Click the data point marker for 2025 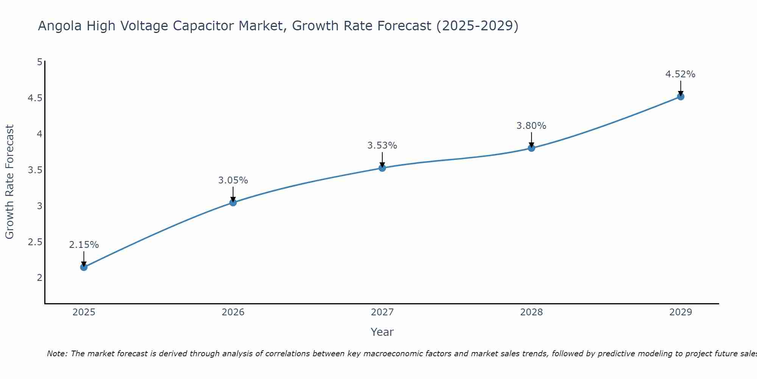(x=84, y=267)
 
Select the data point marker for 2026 (x=233, y=202)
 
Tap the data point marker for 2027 (x=382, y=168)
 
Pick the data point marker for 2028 (x=531, y=148)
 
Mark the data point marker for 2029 (x=681, y=96)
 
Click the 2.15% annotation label (x=84, y=245)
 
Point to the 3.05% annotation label (x=233, y=180)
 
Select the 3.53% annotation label (x=382, y=146)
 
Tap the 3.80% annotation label (x=531, y=126)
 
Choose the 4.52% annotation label (x=681, y=74)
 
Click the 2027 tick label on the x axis (x=382, y=312)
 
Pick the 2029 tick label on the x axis (x=681, y=312)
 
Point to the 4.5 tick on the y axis (x=35, y=98)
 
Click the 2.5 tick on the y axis (x=35, y=242)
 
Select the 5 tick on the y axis (x=39, y=62)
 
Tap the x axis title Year (x=382, y=332)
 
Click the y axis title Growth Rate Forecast (x=10, y=182)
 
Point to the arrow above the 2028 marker (x=531, y=139)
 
